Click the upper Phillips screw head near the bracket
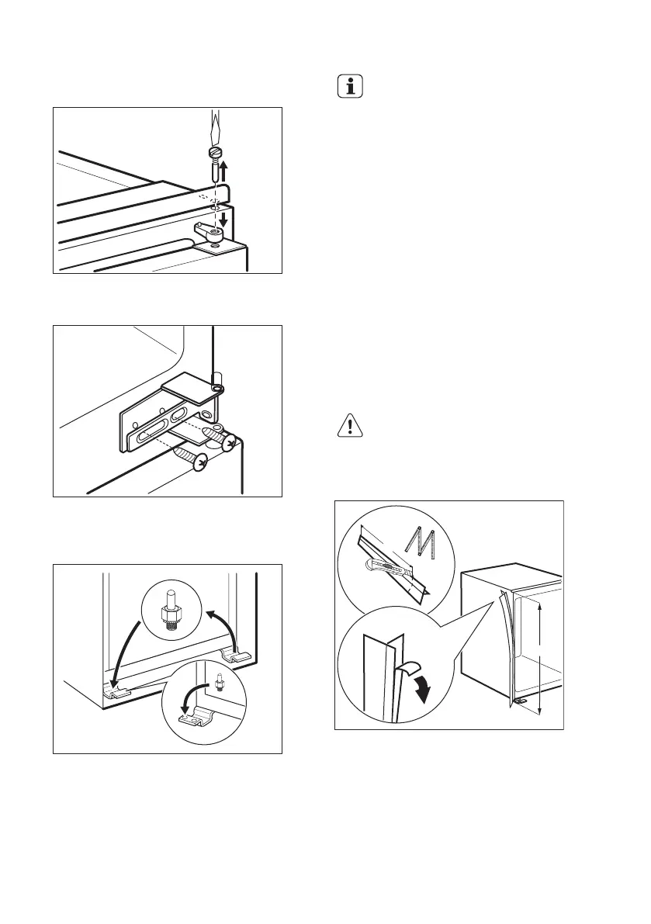tap(228, 442)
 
